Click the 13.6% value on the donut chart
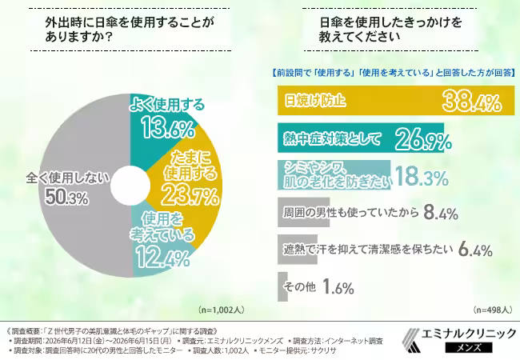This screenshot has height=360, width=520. point(168,128)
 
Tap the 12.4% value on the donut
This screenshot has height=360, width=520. point(163,256)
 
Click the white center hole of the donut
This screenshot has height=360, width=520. point(130,186)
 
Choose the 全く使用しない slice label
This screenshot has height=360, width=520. point(68,178)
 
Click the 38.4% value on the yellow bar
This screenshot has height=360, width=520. point(472,101)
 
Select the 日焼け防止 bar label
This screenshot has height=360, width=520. point(315,101)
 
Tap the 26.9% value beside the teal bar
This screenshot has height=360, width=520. point(423,139)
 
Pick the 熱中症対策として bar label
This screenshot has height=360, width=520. point(332,138)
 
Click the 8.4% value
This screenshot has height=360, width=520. point(441,213)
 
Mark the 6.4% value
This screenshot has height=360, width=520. point(475,250)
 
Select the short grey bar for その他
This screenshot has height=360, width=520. point(282,286)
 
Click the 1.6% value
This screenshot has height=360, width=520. point(338,286)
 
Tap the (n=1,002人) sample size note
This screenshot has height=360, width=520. point(222,310)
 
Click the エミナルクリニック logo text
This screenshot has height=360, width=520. point(469,333)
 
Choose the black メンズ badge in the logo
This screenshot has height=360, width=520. point(469,347)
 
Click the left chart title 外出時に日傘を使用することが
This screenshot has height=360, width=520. point(130,22)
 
